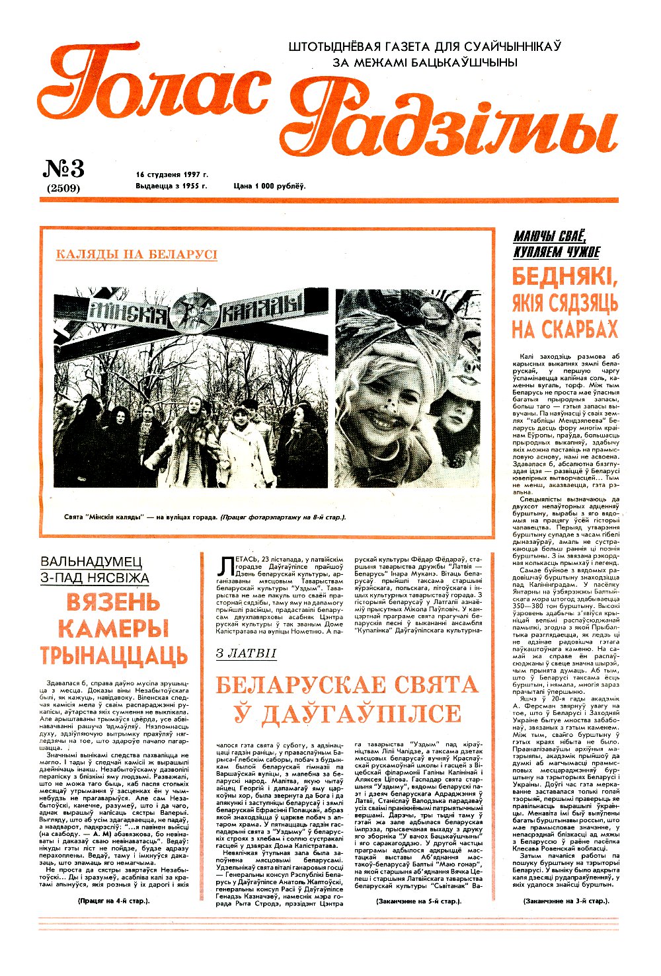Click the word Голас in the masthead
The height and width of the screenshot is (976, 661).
click(155, 89)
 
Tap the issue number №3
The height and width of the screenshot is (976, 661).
click(63, 170)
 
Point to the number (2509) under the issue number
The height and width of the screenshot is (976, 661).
click(63, 188)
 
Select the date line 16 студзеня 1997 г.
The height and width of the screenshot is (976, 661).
click(172, 174)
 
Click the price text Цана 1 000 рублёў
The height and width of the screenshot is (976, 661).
click(270, 186)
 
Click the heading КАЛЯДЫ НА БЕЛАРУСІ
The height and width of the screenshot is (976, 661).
click(136, 254)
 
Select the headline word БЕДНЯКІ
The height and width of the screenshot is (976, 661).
click(565, 278)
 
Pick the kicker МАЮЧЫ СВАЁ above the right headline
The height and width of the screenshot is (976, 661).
click(549, 237)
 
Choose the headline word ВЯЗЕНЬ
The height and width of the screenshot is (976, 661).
click(113, 603)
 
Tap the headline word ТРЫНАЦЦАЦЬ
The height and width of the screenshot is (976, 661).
click(114, 656)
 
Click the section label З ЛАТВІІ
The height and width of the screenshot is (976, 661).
click(246, 654)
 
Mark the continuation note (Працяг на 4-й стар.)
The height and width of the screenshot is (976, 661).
click(114, 901)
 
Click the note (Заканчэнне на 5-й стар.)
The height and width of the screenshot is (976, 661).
click(418, 901)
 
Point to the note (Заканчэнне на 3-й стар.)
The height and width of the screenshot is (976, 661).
click(565, 901)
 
